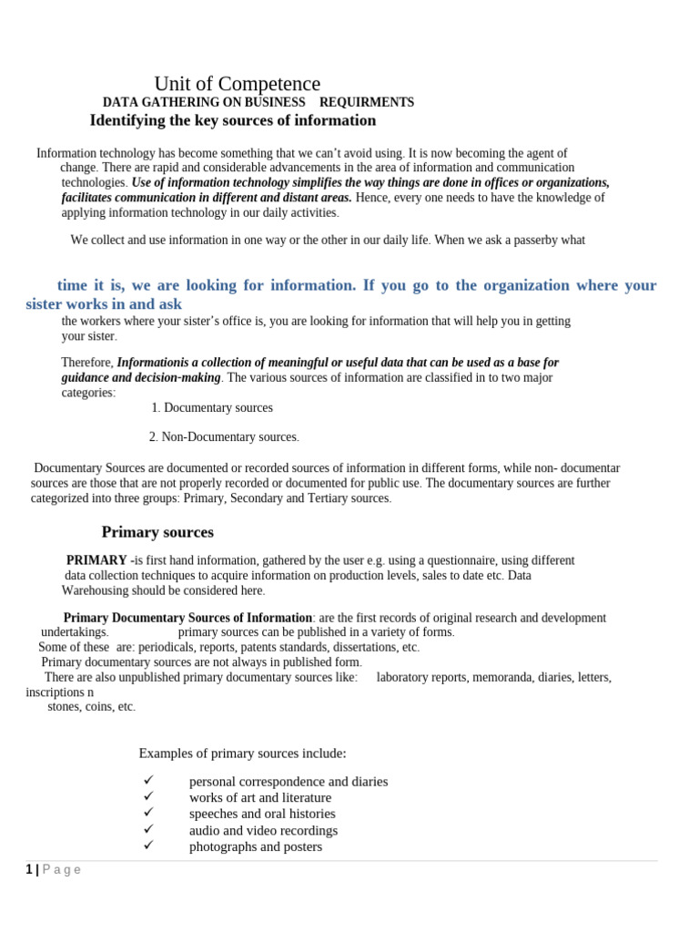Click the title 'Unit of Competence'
pyautogui.click(x=237, y=84)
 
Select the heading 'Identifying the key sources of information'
pyautogui.click(x=232, y=120)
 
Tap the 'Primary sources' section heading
pyautogui.click(x=157, y=532)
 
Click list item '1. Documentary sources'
pyautogui.click(x=212, y=408)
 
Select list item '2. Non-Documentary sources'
pyautogui.click(x=223, y=437)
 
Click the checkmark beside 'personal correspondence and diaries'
pyautogui.click(x=149, y=781)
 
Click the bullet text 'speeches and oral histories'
pyautogui.click(x=262, y=814)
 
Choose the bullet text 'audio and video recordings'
pyautogui.click(x=263, y=830)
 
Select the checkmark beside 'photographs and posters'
pyautogui.click(x=149, y=846)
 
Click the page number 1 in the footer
pyautogui.click(x=29, y=869)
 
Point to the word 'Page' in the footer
pyautogui.click(x=62, y=869)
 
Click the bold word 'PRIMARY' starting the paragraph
pyautogui.click(x=96, y=560)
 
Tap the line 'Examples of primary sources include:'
pyautogui.click(x=242, y=754)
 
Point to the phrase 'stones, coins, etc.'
pyautogui.click(x=91, y=706)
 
